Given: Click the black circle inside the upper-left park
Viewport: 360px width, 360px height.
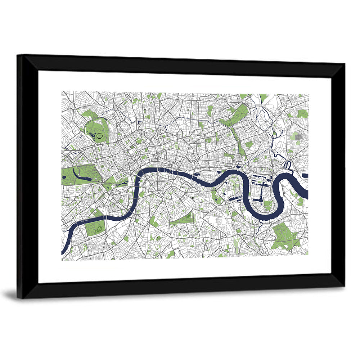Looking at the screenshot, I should click(100, 136).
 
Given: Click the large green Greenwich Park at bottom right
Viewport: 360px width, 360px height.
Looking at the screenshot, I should click(286, 236).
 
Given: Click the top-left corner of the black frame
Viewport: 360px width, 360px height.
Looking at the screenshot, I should click(18, 56).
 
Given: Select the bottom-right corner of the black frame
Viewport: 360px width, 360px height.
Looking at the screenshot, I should click(344, 287).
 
